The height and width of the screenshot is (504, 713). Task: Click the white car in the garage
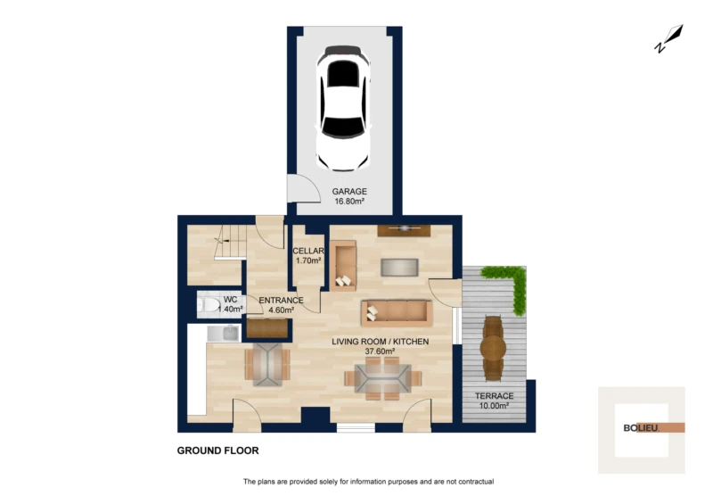(343, 108)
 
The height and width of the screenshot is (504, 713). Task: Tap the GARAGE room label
(349, 192)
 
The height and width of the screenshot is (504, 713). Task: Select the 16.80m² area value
(349, 202)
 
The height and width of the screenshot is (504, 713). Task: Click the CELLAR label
(308, 251)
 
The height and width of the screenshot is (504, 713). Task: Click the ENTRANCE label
(281, 301)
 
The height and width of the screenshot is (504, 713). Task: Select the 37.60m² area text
(380, 351)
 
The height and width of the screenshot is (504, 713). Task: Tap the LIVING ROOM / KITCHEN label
(381, 342)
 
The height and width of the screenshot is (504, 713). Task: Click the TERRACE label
(495, 396)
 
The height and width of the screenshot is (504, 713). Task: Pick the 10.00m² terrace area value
(495, 406)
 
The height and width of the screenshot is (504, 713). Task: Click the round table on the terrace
(493, 348)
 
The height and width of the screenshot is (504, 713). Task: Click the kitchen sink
(224, 334)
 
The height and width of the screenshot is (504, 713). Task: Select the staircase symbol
(230, 242)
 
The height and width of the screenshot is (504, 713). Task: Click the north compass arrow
(669, 38)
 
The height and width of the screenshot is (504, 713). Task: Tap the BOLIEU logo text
(641, 428)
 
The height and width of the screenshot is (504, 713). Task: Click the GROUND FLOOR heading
(217, 450)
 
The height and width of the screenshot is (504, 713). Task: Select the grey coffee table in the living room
(399, 268)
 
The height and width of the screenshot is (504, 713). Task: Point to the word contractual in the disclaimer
(476, 482)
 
